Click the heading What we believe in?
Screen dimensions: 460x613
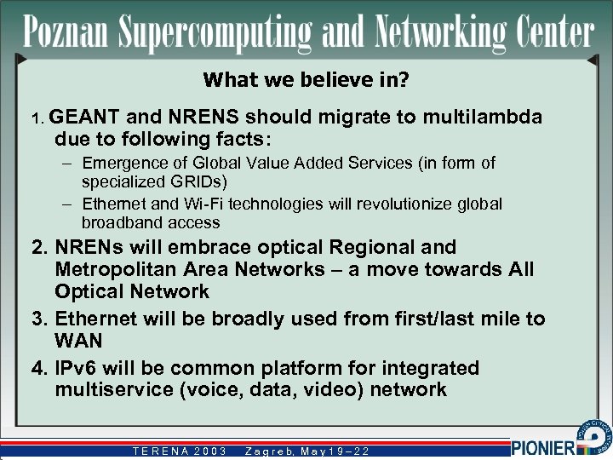pyautogui.click(x=306, y=80)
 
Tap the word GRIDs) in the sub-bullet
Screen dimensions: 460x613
pyautogui.click(x=208, y=181)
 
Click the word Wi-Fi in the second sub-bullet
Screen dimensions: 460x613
pyautogui.click(x=190, y=204)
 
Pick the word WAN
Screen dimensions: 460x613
pyautogui.click(x=78, y=341)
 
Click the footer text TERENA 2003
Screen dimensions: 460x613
pyautogui.click(x=180, y=451)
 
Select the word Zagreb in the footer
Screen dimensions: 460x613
pyautogui.click(x=270, y=451)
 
